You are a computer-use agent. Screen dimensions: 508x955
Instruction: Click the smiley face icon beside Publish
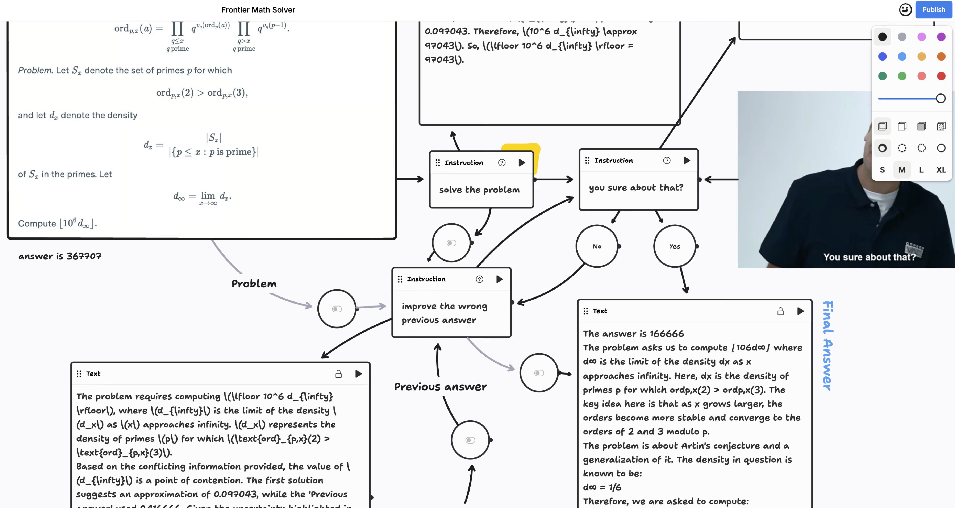coord(905,10)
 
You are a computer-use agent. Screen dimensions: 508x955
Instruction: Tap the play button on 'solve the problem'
coord(522,163)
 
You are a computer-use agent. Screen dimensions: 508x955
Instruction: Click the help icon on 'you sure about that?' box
coord(667,161)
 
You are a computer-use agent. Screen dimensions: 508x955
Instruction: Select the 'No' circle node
coord(597,246)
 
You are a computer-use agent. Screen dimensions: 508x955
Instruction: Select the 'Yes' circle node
coord(674,246)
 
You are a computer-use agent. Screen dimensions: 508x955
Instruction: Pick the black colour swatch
coord(882,37)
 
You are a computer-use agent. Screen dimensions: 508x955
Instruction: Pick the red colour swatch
coord(941,76)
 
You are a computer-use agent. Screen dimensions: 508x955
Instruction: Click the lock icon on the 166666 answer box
coord(780,311)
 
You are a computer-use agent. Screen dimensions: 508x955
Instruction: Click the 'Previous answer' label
coord(441,387)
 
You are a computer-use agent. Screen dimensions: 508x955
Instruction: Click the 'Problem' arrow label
coord(254,284)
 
